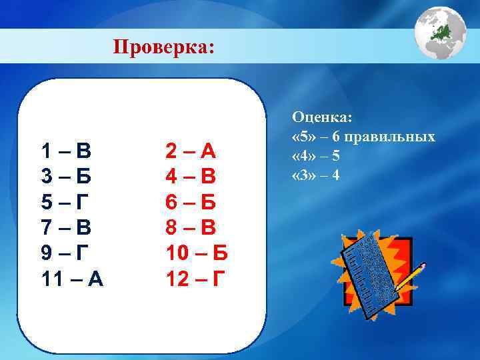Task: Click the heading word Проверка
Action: click(163, 47)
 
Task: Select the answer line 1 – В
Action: click(65, 151)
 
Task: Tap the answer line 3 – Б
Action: click(65, 177)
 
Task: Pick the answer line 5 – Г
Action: click(65, 202)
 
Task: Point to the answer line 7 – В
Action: click(65, 227)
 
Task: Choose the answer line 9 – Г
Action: click(65, 253)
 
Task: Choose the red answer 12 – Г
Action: click(195, 278)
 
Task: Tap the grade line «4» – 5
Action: click(316, 157)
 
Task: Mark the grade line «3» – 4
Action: click(316, 175)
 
